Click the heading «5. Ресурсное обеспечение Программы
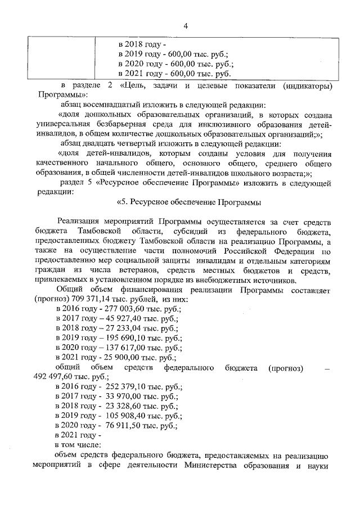[x=189, y=202]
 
